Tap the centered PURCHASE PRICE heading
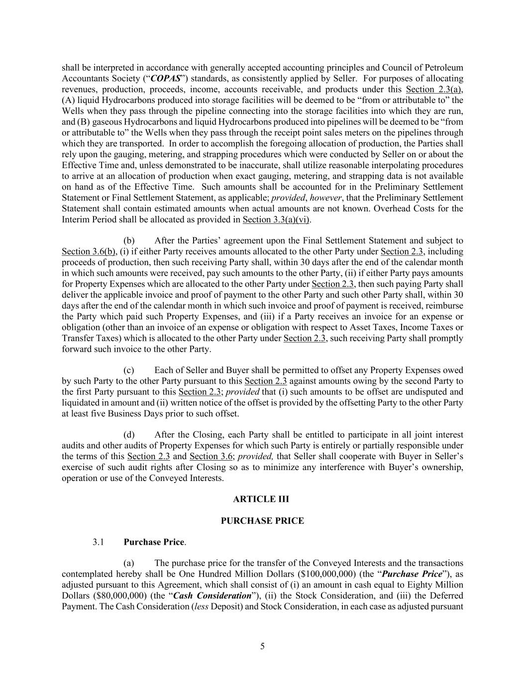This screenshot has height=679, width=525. [262, 521]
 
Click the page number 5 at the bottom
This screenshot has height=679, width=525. [262, 646]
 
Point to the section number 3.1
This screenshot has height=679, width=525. [98, 542]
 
